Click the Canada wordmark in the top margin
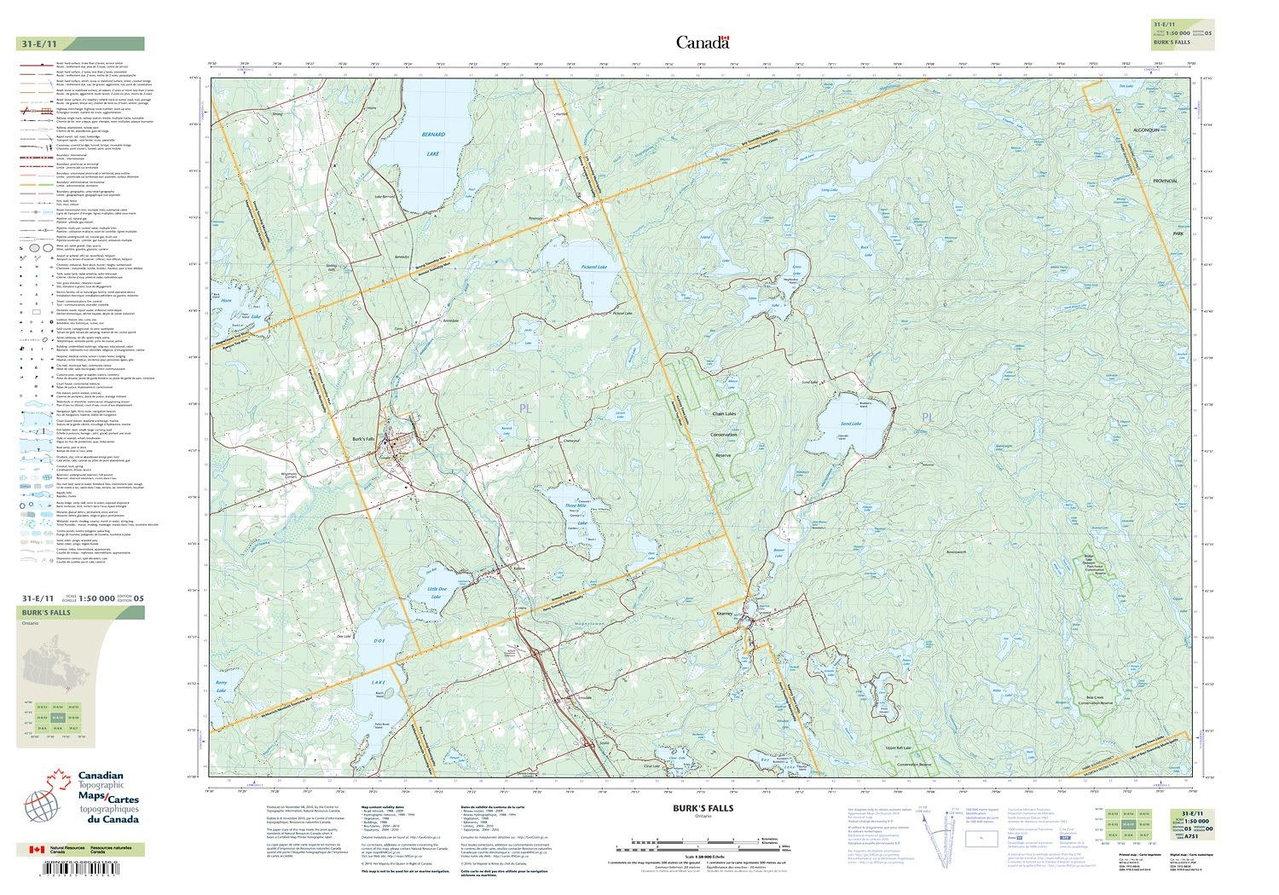pyautogui.click(x=703, y=43)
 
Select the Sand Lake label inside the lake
pyautogui.click(x=851, y=424)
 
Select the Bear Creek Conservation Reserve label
pyautogui.click(x=1095, y=698)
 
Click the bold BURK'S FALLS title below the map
pyautogui.click(x=703, y=808)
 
